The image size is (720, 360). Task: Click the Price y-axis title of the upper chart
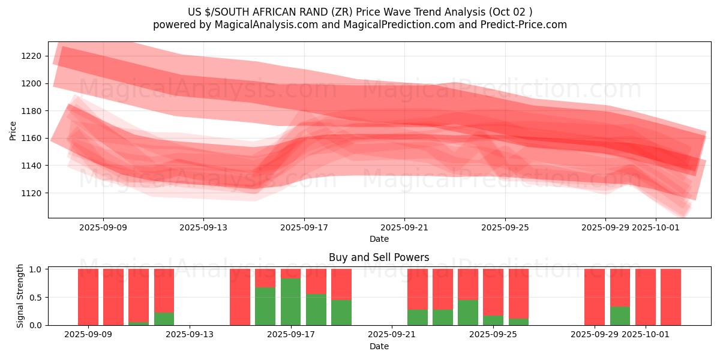13,130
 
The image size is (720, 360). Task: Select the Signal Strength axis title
20,296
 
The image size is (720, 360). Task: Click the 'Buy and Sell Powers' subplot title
379,257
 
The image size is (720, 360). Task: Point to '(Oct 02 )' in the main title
509,11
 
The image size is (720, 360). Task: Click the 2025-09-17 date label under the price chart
304,227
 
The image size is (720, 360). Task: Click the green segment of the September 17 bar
291,302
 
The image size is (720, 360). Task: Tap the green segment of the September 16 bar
265,306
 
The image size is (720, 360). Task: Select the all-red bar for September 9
113,297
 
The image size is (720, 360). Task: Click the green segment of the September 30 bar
620,316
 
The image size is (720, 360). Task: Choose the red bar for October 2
671,297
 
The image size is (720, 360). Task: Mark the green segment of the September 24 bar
468,312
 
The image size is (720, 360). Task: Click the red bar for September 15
240,297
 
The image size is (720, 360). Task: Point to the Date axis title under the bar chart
379,346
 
